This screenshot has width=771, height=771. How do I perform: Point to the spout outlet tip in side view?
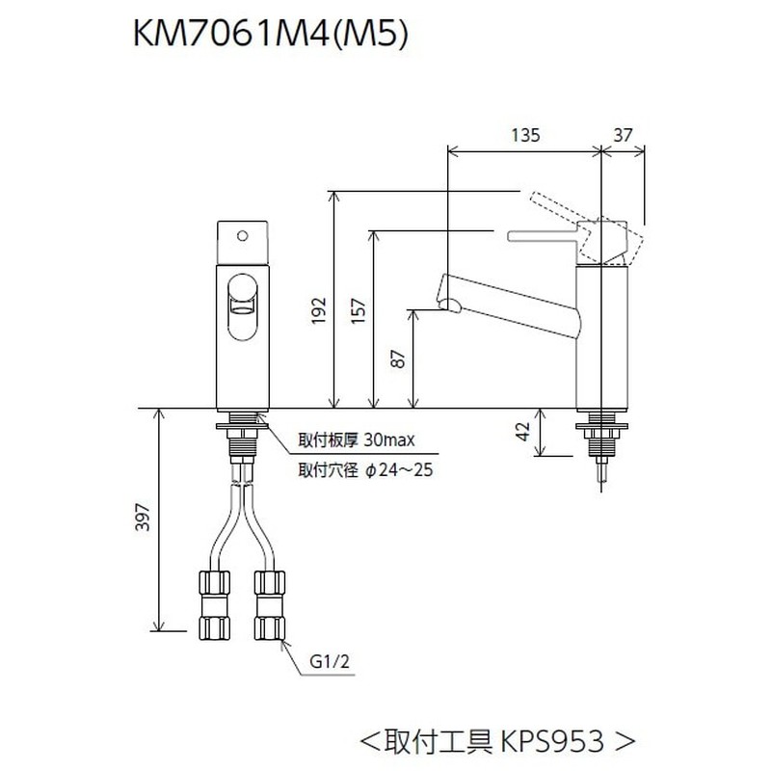coord(447,306)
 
